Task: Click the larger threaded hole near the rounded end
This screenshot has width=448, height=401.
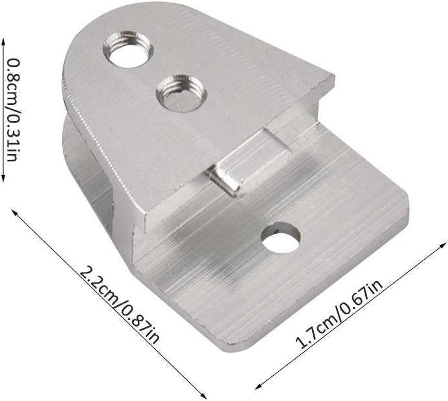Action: tap(128, 49)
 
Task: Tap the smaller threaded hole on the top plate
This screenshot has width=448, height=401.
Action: tap(181, 93)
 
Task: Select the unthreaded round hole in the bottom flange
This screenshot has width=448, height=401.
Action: tap(281, 238)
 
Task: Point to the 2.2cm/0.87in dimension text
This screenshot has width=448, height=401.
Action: tap(119, 304)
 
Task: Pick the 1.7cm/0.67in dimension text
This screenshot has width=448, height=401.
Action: tap(339, 314)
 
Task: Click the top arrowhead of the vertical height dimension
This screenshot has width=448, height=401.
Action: tap(3, 41)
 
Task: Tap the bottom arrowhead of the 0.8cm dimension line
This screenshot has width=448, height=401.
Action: tap(3, 178)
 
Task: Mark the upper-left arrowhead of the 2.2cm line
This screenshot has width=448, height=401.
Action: tap(14, 212)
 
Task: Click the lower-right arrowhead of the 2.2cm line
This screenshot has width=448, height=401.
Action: tap(203, 395)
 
